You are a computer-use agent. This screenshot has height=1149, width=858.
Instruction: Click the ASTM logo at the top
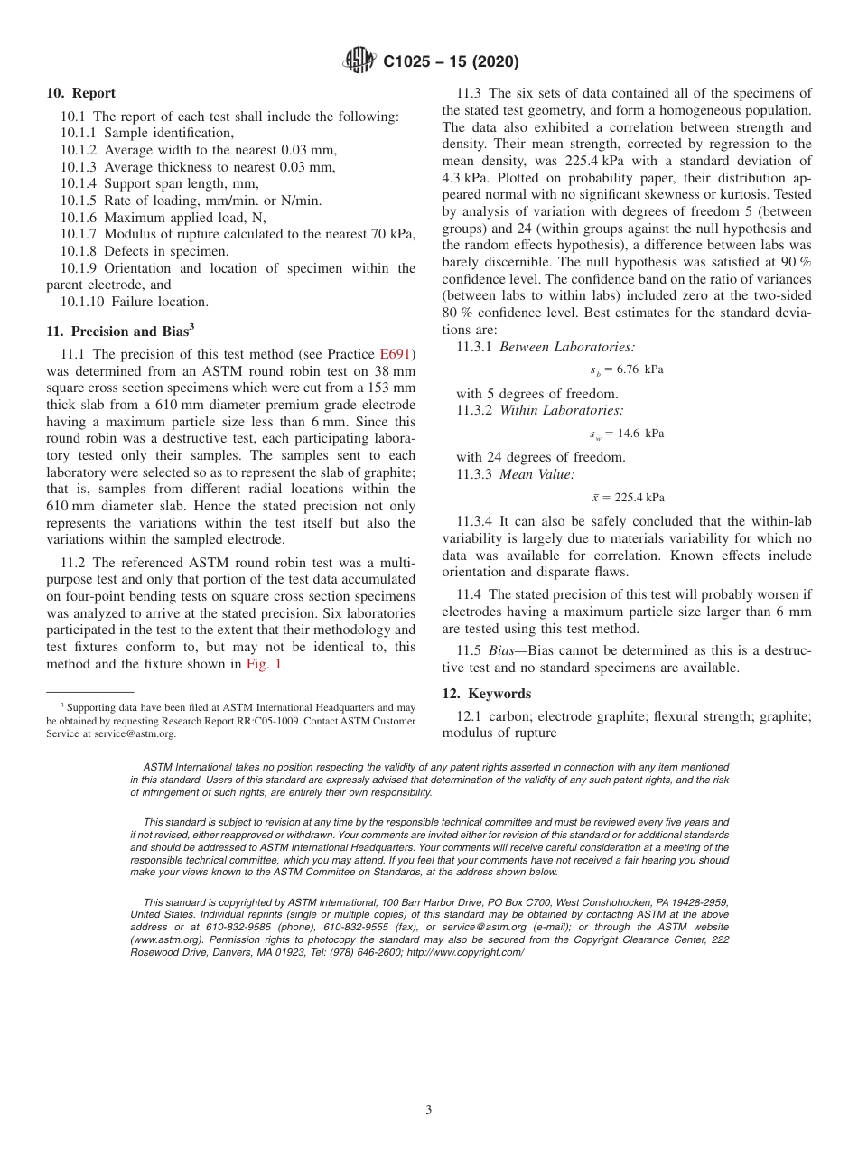click(x=359, y=61)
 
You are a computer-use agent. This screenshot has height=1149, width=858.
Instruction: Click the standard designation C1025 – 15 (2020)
click(x=452, y=62)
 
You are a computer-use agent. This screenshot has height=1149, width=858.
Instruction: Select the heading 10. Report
click(x=80, y=93)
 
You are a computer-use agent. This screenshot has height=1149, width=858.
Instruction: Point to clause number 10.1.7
click(x=79, y=234)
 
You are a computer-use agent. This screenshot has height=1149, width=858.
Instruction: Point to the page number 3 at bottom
click(x=429, y=1110)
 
